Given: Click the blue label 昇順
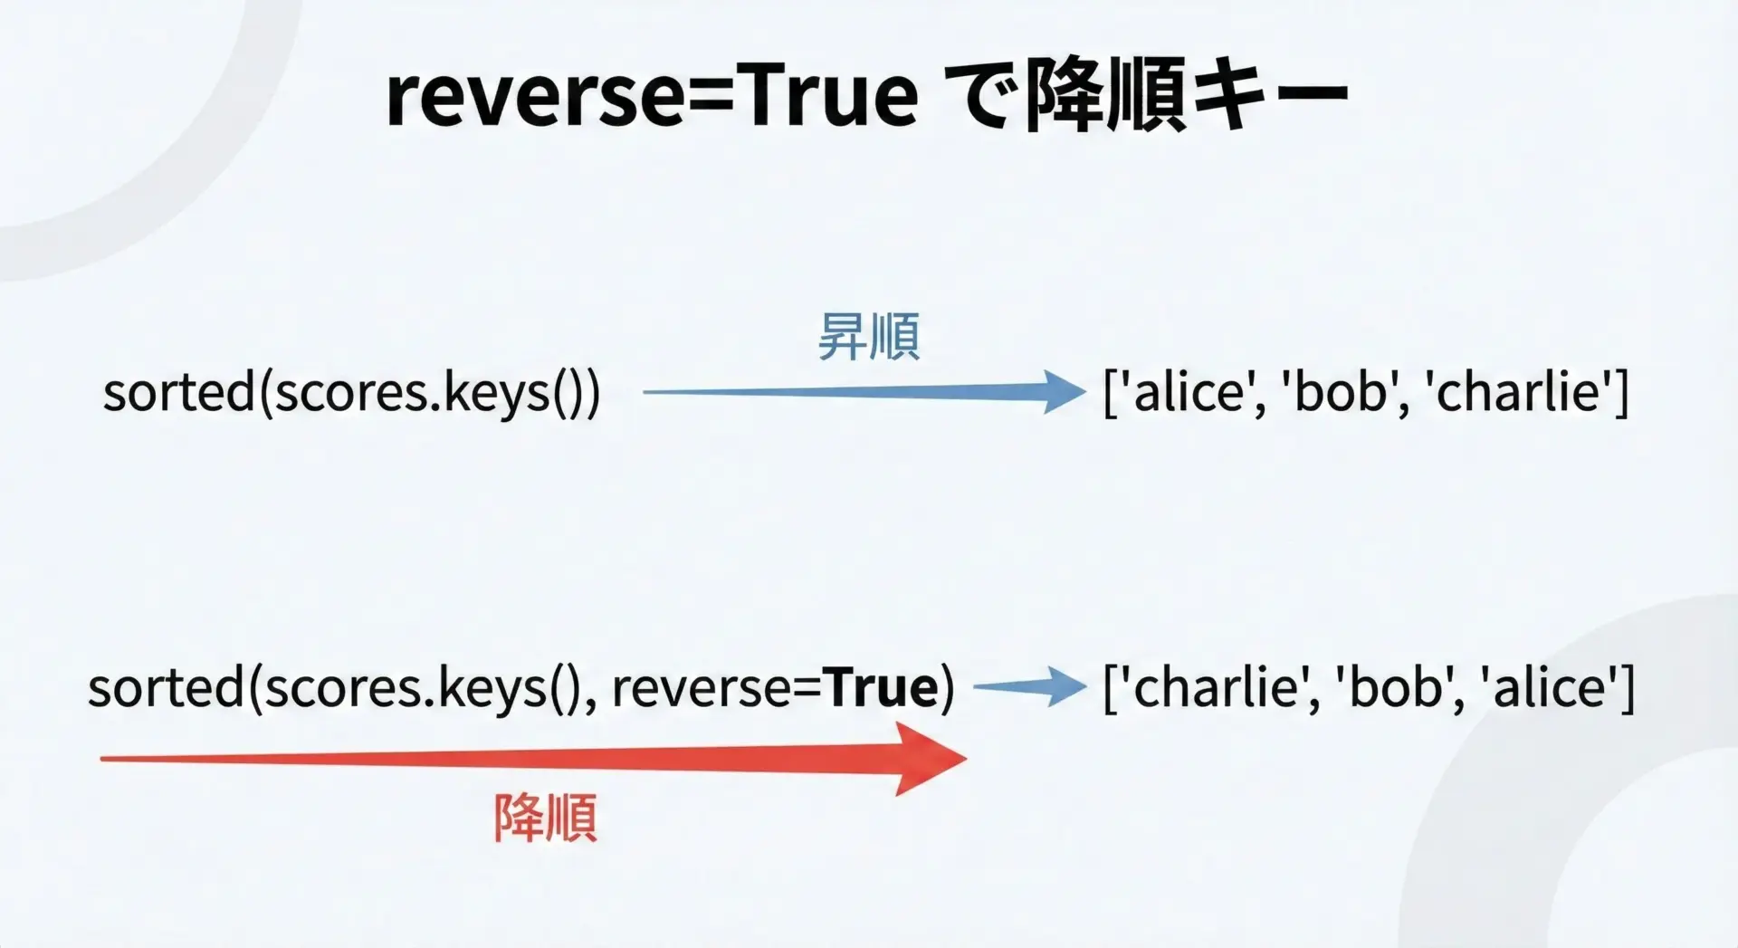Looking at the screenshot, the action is pos(869,337).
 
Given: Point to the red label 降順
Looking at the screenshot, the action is pos(546,818).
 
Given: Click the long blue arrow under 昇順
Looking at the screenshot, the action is pos(864,392).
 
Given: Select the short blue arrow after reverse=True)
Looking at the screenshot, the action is pos(1029,687).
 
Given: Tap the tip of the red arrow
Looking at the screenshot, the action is pos(967,759).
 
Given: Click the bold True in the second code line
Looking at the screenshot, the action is pos(882,687).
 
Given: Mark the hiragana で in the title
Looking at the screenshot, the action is pos(982,96).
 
